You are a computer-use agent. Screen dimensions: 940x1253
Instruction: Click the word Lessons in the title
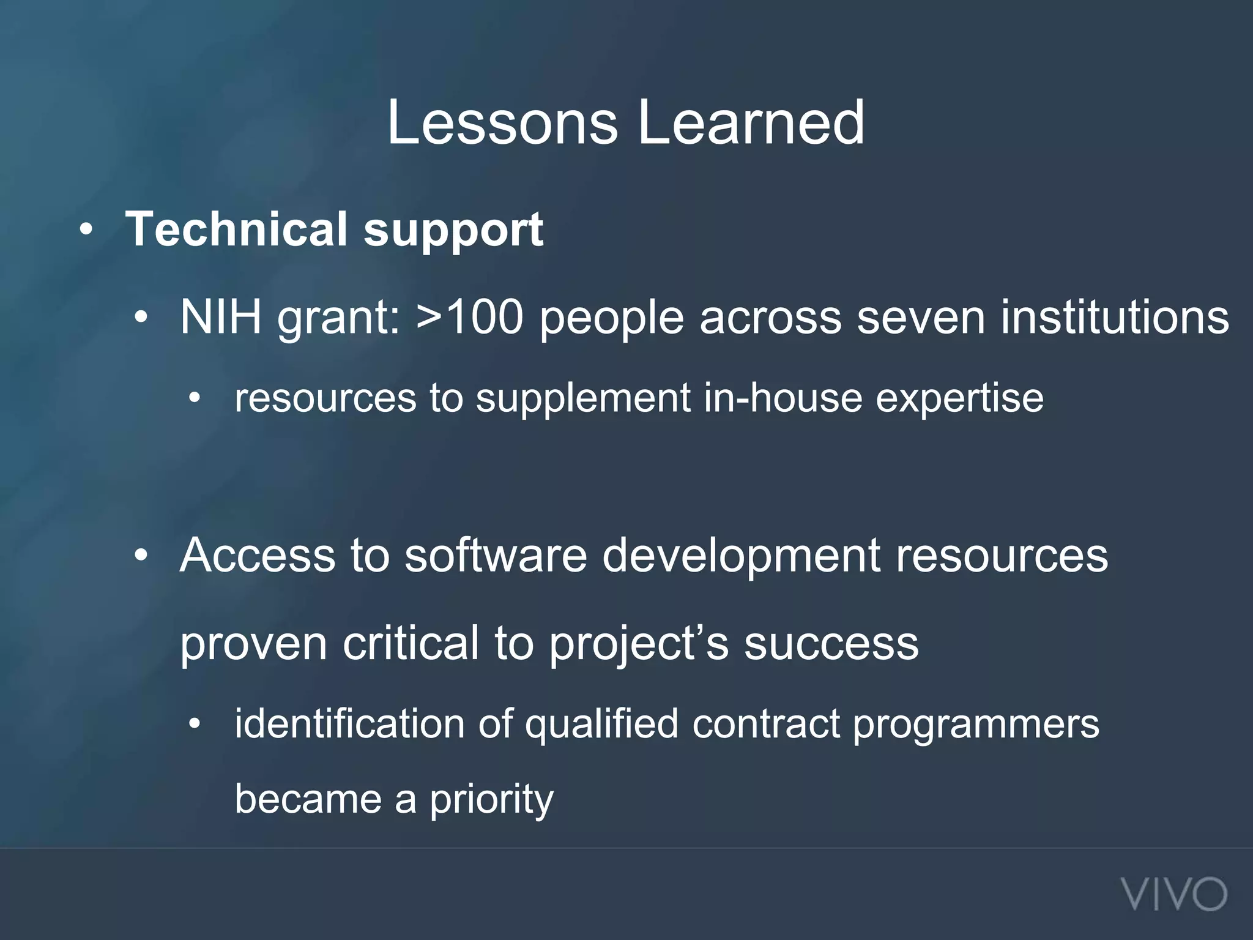[x=502, y=124]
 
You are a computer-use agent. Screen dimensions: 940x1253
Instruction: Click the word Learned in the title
[x=751, y=124]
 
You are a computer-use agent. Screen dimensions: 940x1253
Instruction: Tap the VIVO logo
[x=1174, y=894]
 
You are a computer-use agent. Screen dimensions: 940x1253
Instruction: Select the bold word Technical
[x=236, y=229]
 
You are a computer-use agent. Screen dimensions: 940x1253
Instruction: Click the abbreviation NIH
[x=220, y=318]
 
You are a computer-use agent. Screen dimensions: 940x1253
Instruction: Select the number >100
[x=469, y=318]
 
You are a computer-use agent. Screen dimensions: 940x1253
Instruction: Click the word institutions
[x=1114, y=318]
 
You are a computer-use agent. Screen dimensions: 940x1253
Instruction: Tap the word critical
[x=411, y=644]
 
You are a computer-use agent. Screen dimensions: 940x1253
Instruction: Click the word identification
[x=349, y=724]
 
